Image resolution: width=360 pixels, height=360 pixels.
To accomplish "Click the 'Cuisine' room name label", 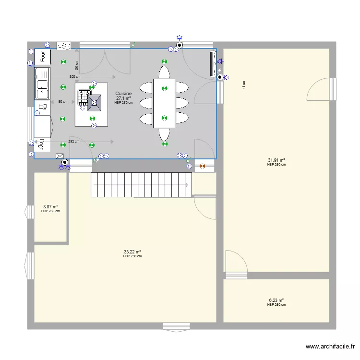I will tap(123, 94).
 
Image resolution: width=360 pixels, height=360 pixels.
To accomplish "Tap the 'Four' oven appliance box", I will tap(43, 57).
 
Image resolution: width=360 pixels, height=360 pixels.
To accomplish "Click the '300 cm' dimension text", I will tap(74, 77).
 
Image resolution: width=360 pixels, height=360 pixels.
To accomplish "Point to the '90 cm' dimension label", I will tap(62, 102).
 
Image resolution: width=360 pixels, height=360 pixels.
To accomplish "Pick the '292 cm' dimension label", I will tap(73, 142).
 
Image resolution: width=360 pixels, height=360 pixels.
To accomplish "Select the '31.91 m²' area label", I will tap(276, 160).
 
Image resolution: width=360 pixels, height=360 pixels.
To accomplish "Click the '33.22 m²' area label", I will tap(132, 252).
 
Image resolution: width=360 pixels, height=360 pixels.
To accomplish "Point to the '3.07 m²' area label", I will tap(50, 207).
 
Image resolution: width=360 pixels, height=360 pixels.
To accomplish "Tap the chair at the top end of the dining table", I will tap(164, 72).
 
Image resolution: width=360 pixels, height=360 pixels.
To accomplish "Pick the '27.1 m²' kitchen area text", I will tap(123, 98).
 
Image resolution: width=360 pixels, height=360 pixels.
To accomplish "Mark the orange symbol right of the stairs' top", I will tap(202, 166).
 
